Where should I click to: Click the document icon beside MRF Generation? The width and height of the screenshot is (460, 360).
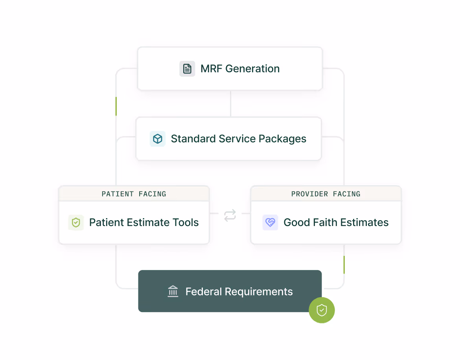tap(187, 69)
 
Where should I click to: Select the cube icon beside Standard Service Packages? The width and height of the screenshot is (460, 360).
tap(158, 139)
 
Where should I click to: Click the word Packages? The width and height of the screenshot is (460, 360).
tap(282, 139)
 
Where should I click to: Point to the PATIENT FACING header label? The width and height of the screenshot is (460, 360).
tap(134, 194)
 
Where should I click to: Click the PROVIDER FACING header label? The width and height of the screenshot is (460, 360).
tap(326, 194)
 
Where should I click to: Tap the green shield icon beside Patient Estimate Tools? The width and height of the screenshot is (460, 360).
tap(76, 222)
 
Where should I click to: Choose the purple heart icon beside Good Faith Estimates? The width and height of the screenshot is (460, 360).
tap(270, 222)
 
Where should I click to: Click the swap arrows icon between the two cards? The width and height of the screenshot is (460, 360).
tap(230, 215)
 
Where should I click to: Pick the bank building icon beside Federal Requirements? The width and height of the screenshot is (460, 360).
tap(173, 292)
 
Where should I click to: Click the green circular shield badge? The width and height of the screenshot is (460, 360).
tap(322, 310)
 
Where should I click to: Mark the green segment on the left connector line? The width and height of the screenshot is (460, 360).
tap(116, 106)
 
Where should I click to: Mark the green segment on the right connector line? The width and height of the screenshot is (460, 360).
tap(344, 264)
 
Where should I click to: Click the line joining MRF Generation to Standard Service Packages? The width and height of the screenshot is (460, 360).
tap(230, 104)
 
